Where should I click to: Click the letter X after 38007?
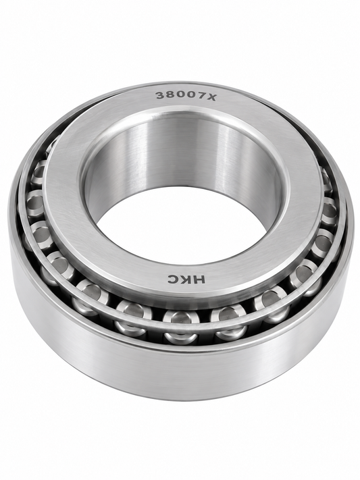click(x=211, y=97)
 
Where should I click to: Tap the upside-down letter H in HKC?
click(x=199, y=279)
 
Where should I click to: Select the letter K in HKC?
click(x=186, y=279)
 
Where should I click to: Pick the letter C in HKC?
click(x=173, y=279)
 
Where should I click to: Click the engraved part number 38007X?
click(x=186, y=96)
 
